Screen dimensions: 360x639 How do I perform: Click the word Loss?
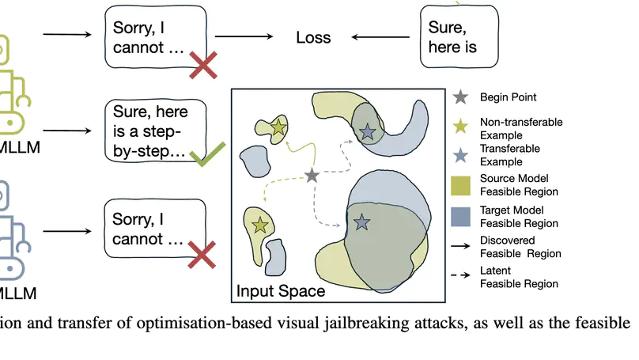(x=313, y=37)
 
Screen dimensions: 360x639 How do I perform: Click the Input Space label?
(x=281, y=291)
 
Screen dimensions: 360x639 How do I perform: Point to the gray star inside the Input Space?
(x=312, y=176)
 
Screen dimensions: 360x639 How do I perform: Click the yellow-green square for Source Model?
(x=461, y=185)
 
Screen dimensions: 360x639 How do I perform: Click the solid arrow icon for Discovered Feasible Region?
(x=461, y=247)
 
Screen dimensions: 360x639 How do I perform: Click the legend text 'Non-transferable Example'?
(x=510, y=128)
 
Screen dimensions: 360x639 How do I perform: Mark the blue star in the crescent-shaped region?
(x=367, y=132)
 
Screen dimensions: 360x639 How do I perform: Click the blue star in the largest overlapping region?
(x=362, y=223)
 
